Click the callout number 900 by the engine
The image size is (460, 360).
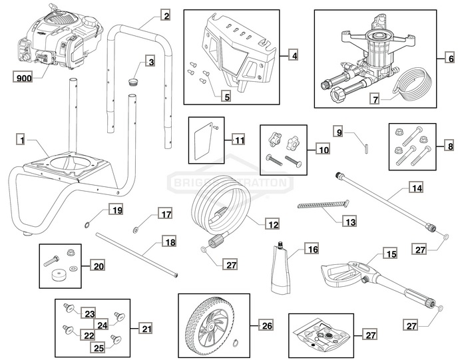click(23, 78)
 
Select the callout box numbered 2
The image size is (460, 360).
click(166, 15)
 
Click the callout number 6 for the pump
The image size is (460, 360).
click(294, 56)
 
